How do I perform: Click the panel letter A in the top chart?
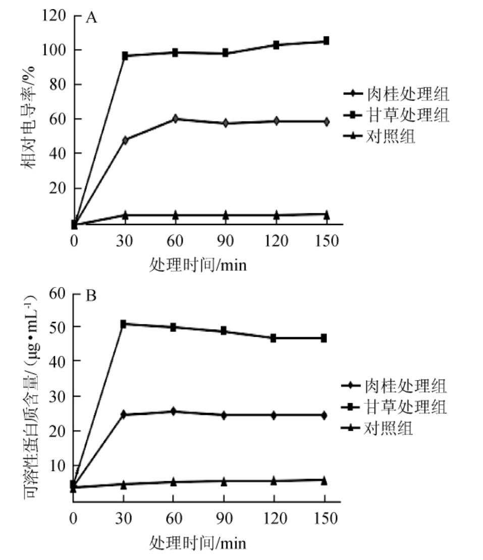click(91, 19)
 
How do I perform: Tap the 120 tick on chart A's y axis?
click(56, 16)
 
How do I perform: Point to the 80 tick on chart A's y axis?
click(60, 84)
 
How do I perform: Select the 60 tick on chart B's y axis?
click(60, 293)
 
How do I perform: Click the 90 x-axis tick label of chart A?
click(225, 241)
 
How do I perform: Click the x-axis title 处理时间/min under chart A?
click(198, 264)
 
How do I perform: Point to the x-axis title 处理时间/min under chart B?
click(198, 543)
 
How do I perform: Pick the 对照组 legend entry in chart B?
click(388, 429)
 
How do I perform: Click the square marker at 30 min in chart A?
click(125, 56)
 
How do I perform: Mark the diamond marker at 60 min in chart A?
click(175, 119)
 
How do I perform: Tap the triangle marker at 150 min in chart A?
click(326, 215)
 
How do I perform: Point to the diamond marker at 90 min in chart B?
click(224, 415)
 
